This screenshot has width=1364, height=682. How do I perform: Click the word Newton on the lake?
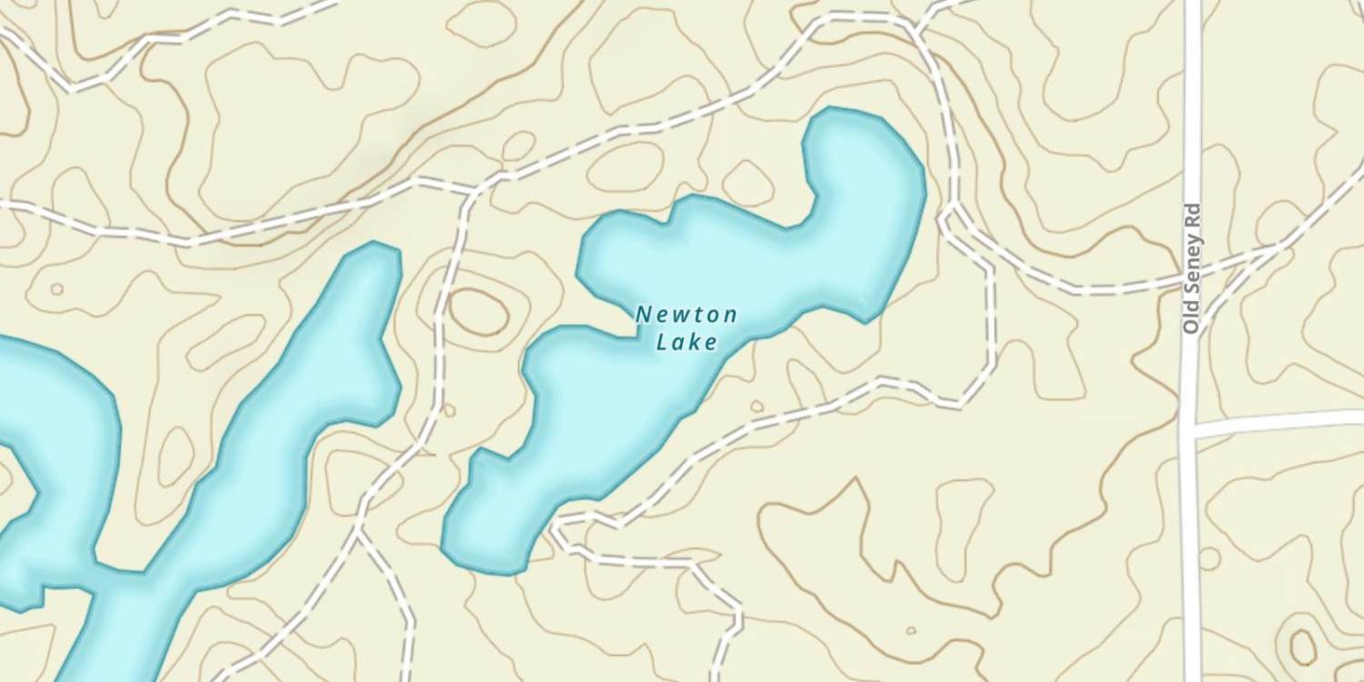click(x=686, y=315)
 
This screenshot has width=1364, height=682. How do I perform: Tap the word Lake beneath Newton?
click(x=687, y=342)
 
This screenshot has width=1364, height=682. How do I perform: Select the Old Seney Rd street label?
click(x=1193, y=267)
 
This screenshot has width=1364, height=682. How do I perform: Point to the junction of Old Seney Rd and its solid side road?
click(x=1189, y=427)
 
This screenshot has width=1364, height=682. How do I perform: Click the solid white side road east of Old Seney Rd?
click(x=1282, y=420)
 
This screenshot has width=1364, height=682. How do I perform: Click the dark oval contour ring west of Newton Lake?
click(x=478, y=312)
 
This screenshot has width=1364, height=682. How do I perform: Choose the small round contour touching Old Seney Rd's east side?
click(x=1209, y=557)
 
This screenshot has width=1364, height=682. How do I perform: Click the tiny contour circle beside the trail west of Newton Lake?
click(x=448, y=410)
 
